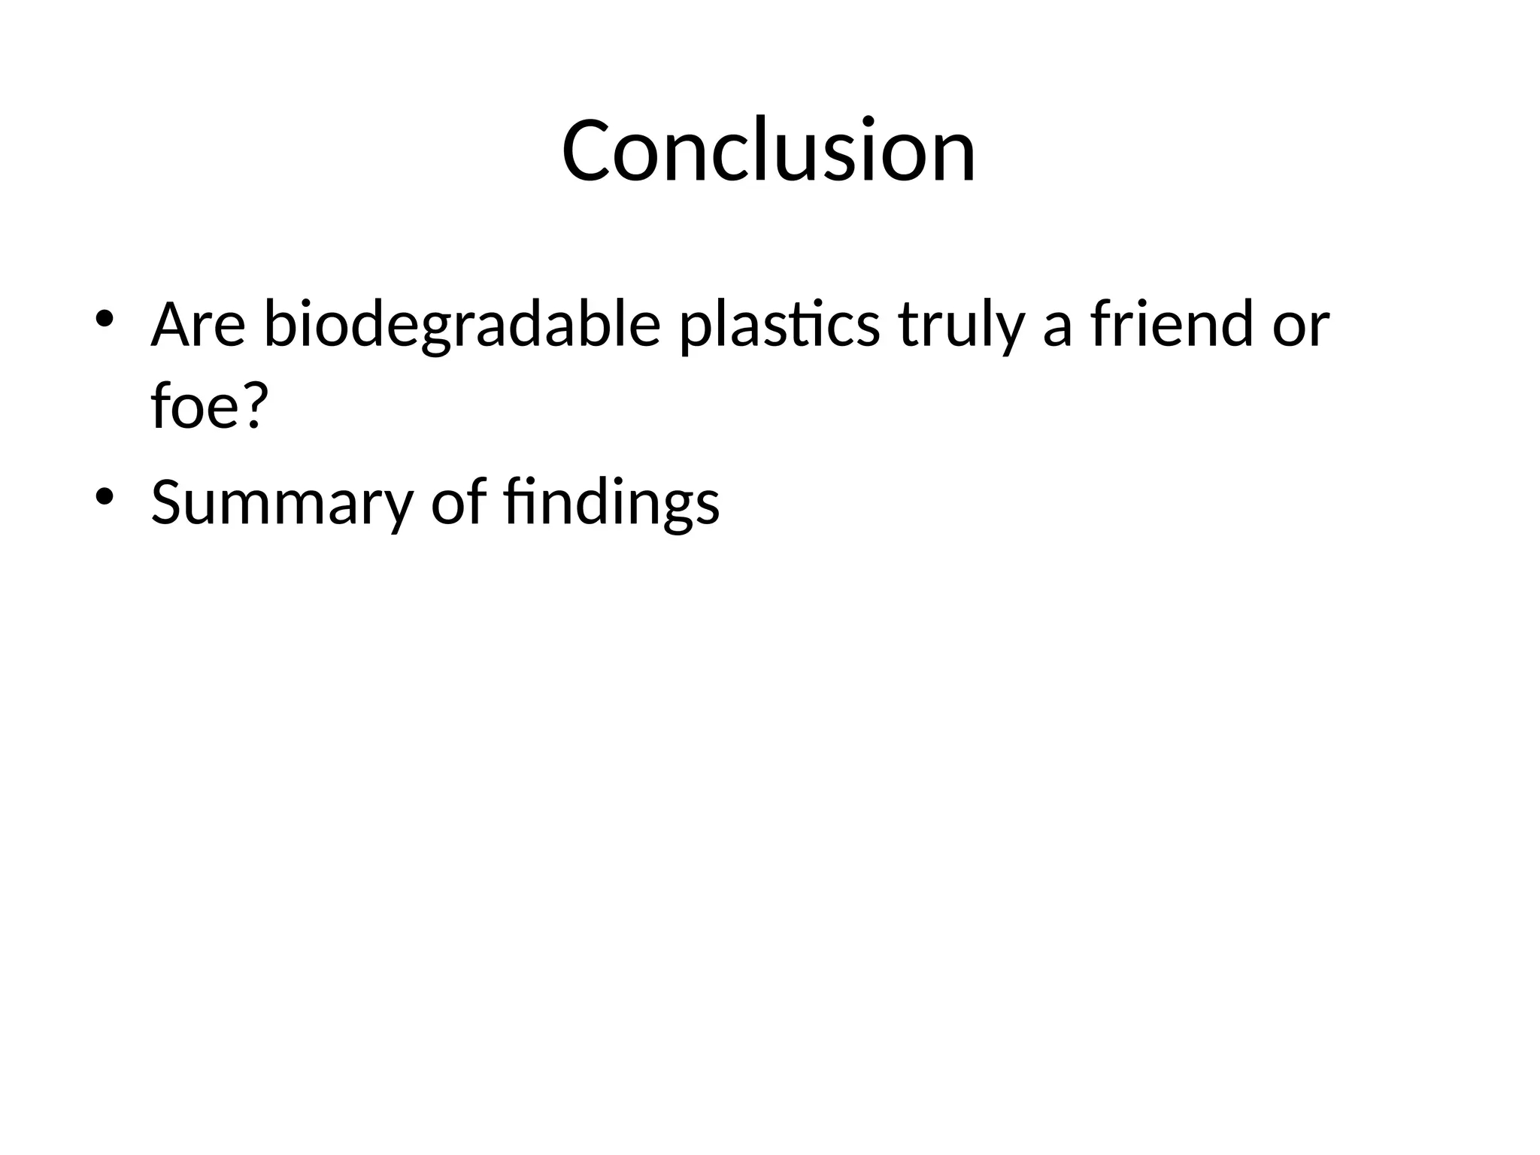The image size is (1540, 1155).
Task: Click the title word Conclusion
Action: pyautogui.click(x=768, y=150)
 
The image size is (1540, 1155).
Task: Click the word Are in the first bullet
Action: pyautogui.click(x=198, y=325)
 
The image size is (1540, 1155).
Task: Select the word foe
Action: pyautogui.click(x=197, y=406)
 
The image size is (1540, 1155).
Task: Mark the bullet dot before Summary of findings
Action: pyautogui.click(x=104, y=496)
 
